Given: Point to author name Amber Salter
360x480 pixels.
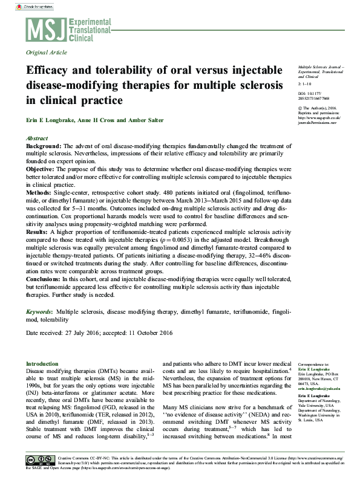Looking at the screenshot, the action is [145, 120].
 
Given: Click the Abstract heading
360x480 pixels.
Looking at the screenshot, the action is [38, 138].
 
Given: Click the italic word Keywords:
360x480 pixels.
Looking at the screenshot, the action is [39, 311].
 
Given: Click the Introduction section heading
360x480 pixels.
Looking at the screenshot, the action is [42, 364].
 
